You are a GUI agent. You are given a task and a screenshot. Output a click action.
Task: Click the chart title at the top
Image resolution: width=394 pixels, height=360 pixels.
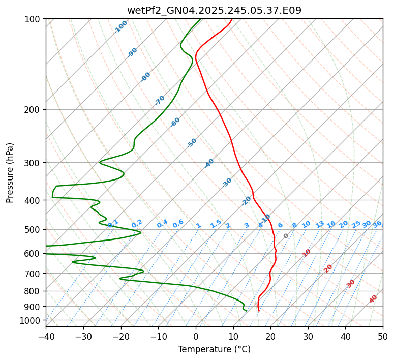tap(214, 10)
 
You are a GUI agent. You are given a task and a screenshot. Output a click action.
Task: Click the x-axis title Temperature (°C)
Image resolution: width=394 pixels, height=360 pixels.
tap(214, 349)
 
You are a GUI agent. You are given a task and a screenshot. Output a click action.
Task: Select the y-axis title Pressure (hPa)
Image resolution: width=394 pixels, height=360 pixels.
tap(10, 173)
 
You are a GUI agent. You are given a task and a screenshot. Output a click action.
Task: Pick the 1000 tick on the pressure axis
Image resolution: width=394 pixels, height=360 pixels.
tap(32, 320)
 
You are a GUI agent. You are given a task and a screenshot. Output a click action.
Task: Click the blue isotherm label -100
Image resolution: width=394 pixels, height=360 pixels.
tap(121, 27)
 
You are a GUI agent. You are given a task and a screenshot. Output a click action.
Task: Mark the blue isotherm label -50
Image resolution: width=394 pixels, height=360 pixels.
tap(192, 143)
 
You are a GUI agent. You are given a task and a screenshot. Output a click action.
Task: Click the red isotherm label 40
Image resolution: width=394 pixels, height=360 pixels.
tap(373, 299)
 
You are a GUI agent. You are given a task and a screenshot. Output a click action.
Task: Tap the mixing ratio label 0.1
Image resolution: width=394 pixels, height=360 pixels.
tap(113, 223)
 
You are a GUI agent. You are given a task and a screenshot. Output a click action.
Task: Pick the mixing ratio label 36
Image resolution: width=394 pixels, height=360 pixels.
tap(377, 224)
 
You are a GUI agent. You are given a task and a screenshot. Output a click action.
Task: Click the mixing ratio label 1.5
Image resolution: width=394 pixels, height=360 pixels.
tap(216, 223)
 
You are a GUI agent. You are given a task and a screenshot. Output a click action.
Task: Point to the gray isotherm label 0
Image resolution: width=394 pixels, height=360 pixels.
tap(286, 236)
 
